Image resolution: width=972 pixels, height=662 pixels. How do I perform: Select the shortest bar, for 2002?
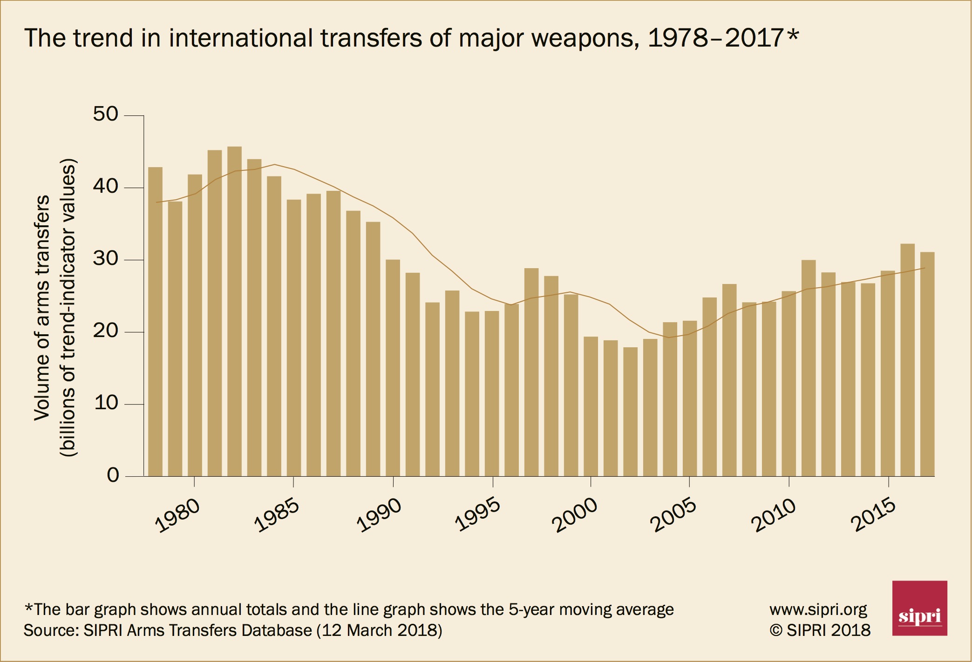(x=630, y=412)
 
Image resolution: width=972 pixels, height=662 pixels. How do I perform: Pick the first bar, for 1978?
(x=155, y=321)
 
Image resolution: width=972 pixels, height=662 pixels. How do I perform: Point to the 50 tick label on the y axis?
(x=106, y=114)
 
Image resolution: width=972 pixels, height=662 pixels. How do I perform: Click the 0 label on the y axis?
(x=113, y=475)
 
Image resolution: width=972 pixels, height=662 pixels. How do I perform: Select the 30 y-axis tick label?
(x=106, y=258)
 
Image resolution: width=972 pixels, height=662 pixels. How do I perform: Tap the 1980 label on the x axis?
(x=177, y=515)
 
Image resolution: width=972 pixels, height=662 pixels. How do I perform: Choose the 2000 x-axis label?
(x=574, y=515)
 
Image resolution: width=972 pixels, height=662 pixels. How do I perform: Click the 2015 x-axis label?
(x=873, y=514)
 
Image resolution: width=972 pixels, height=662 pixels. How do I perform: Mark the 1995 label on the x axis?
(x=478, y=515)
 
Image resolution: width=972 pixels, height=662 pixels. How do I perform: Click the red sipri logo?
(x=919, y=608)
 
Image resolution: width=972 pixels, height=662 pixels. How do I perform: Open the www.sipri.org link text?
(x=818, y=609)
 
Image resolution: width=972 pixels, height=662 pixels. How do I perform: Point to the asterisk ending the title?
(x=793, y=35)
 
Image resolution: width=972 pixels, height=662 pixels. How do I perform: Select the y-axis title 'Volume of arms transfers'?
(x=42, y=307)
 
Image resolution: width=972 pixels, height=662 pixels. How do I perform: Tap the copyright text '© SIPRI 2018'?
(x=820, y=630)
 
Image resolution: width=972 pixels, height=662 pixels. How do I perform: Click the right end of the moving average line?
(x=924, y=268)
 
